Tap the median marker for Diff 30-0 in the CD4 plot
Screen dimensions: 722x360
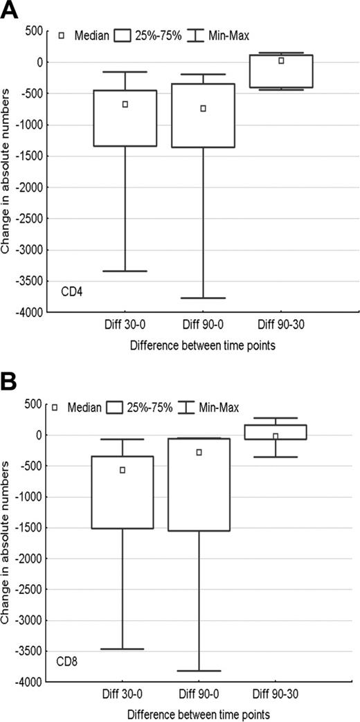[x=125, y=105]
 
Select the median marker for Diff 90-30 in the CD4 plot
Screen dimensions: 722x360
[x=281, y=61]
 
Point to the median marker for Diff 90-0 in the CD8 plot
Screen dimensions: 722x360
[x=199, y=453]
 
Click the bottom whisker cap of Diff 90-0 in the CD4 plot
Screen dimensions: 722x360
[x=203, y=298]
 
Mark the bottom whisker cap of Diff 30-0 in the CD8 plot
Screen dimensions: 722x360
[x=123, y=649]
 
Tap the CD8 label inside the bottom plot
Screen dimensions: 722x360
[x=67, y=662]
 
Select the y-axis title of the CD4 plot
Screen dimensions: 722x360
[x=7, y=171]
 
